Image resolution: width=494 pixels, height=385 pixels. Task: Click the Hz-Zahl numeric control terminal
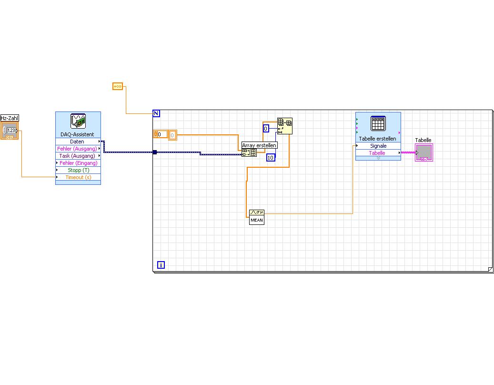(x=10, y=131)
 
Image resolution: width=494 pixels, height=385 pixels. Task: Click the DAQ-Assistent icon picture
(x=78, y=122)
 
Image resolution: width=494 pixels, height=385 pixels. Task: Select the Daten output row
(x=77, y=142)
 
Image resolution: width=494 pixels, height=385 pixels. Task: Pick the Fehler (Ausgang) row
(x=77, y=149)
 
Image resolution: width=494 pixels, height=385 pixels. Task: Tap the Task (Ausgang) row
(x=77, y=156)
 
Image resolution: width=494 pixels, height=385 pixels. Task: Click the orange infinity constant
(x=118, y=86)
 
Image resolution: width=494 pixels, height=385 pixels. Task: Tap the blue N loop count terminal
(x=156, y=113)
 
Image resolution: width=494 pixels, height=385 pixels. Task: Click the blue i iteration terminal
(x=161, y=265)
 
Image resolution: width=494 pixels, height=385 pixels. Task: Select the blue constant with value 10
(x=271, y=157)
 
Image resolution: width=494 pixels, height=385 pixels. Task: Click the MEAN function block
(x=256, y=217)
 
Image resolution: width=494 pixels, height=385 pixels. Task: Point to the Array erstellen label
(x=259, y=145)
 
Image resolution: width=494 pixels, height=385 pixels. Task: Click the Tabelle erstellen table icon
(x=378, y=123)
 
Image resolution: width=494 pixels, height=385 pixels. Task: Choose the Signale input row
(x=378, y=146)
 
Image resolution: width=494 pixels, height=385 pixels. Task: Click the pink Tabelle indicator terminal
(x=423, y=153)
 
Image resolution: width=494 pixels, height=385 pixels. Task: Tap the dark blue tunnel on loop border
(x=155, y=152)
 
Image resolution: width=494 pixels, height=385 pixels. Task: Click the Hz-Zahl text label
(x=10, y=118)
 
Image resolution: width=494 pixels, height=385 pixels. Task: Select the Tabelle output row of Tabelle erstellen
(x=377, y=153)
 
